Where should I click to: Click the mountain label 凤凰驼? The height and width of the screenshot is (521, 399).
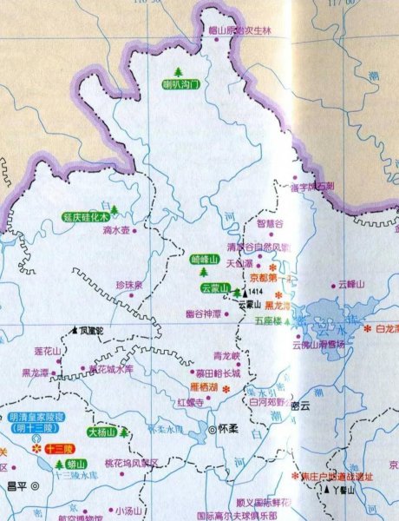[x=91, y=331]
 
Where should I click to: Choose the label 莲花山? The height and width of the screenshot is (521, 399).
[x=48, y=351]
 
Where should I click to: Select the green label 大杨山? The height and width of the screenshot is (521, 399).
[x=103, y=432]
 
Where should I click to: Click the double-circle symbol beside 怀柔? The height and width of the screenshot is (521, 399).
[x=213, y=427]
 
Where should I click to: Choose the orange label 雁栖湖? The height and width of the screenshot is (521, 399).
[x=205, y=388]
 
